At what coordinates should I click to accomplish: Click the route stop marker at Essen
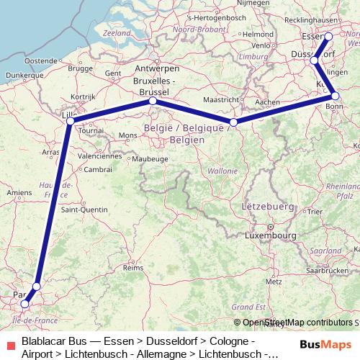coord(328,36)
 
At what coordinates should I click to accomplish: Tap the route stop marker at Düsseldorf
coord(314,61)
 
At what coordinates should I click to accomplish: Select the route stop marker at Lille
coord(70,120)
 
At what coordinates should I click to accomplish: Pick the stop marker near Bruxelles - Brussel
coord(153,102)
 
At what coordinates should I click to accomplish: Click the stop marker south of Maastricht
coord(233,122)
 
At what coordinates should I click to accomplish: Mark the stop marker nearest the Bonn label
coord(335,96)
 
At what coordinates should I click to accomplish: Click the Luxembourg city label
coord(271,235)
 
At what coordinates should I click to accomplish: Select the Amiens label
coord(19,192)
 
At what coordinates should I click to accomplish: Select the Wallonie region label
coord(222,171)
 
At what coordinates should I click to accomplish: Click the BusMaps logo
coord(324,344)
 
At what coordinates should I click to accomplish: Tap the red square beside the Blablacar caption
coord(11,346)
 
